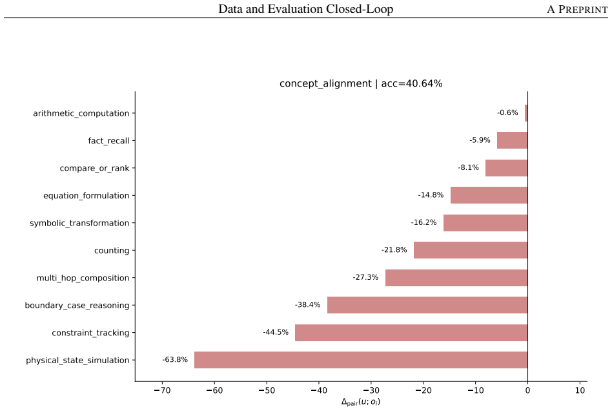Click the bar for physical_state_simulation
361,360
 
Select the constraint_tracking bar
411,332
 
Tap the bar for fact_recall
513,140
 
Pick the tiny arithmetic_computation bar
526,113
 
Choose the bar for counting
471,250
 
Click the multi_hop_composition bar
456,278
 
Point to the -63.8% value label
175,359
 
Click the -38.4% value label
307,305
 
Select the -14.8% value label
431,195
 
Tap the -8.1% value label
469,167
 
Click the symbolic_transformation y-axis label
79,223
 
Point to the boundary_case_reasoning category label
77,306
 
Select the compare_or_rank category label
94,169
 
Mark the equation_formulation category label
87,196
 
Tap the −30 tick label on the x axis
371,390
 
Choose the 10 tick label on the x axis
580,390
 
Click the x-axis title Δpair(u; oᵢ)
361,402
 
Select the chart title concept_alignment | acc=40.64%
361,83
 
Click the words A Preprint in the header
577,10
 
